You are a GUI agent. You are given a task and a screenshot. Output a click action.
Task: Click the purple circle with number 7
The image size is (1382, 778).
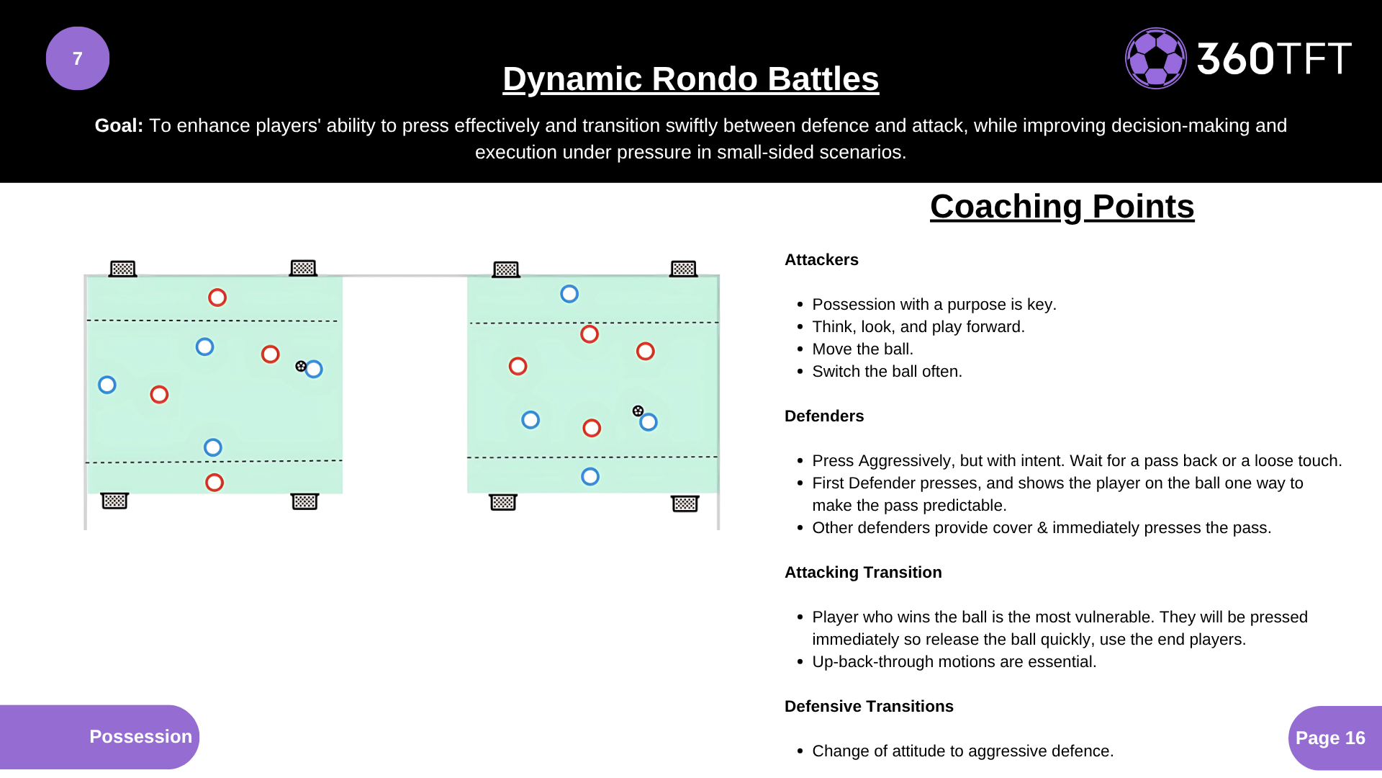[78, 58]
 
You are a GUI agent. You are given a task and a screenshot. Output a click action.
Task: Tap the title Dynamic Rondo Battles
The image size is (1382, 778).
[690, 79]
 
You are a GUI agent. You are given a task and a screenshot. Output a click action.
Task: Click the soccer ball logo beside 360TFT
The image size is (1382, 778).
[1155, 58]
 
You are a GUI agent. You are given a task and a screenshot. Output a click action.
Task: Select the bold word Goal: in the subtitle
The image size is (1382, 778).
[119, 125]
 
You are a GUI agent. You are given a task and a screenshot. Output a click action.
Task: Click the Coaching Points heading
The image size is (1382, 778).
[1062, 207]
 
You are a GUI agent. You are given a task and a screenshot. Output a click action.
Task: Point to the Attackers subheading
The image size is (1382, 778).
[821, 260]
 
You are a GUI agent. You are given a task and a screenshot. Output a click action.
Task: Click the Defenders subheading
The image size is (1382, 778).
[824, 416]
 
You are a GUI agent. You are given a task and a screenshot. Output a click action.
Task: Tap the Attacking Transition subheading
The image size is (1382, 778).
[863, 573]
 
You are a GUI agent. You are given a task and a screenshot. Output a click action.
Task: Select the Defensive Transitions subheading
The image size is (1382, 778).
[869, 707]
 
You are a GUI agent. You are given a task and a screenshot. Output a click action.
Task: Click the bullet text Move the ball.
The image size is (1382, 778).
[862, 349]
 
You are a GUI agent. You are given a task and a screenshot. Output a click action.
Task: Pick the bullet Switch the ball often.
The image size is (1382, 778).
[887, 372]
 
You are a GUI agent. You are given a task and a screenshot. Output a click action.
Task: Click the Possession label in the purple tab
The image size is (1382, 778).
[140, 737]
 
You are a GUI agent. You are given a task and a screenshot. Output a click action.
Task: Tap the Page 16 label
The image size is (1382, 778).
[1330, 738]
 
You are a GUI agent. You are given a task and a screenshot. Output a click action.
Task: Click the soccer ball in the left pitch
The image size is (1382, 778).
[301, 366]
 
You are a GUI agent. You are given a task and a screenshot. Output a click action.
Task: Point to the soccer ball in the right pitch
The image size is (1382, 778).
[638, 411]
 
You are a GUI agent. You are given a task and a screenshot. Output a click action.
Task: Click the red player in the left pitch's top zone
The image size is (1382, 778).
[217, 298]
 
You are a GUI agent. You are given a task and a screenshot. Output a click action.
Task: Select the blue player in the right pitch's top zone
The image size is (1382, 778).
[569, 294]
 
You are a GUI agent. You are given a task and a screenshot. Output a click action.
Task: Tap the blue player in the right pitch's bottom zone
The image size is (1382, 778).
[590, 476]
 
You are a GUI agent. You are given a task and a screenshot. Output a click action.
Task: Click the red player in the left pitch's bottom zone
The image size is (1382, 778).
[214, 483]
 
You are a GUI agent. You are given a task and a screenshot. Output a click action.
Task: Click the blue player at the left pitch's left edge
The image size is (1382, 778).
[107, 385]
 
